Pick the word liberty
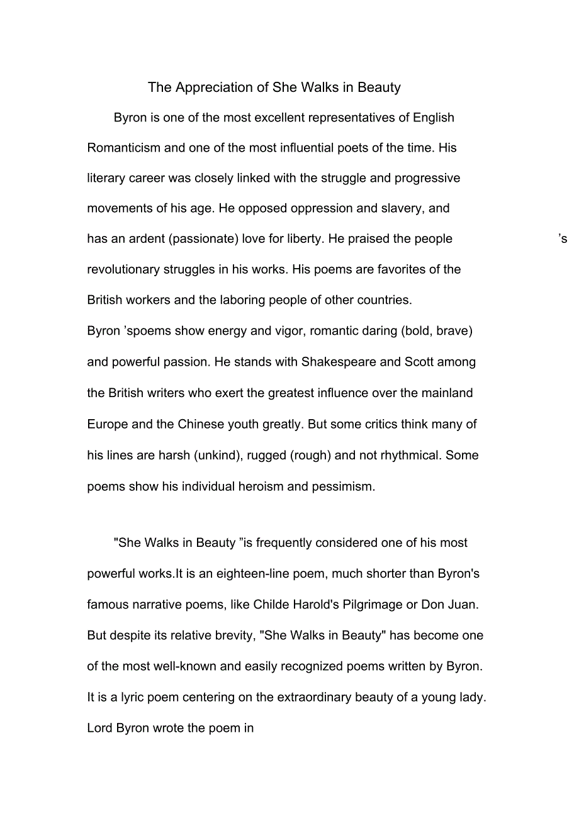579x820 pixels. [x=301, y=239]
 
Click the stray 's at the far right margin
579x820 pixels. [x=563, y=239]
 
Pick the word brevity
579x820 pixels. [x=232, y=636]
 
